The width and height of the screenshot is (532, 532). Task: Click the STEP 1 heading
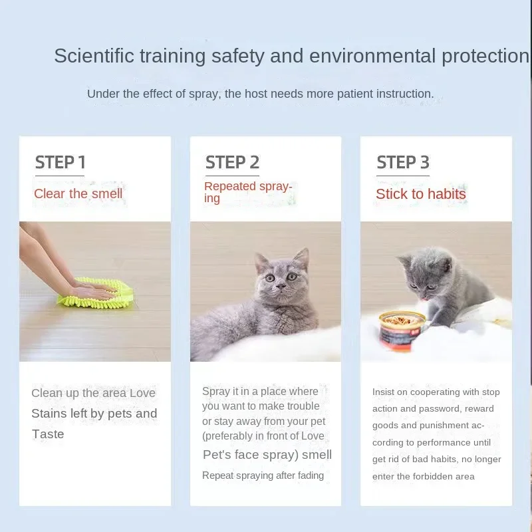point(60,162)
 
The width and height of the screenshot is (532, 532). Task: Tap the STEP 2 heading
point(232,162)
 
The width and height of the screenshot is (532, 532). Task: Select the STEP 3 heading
point(403,162)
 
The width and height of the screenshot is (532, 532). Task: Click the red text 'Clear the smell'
point(78,194)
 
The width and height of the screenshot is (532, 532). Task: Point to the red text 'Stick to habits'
point(421,194)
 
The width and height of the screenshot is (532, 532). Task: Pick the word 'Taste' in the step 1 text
point(48,434)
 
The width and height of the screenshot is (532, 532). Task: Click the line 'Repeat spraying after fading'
point(263,475)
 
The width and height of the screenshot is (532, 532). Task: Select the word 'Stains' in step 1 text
point(49,414)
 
